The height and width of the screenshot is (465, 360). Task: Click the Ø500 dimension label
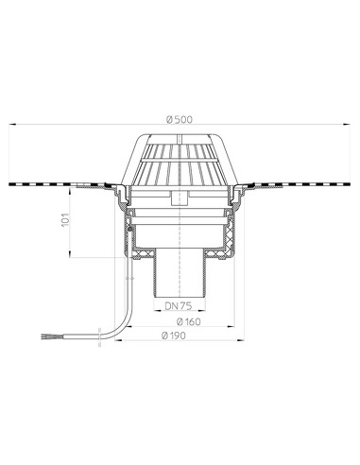[180, 120]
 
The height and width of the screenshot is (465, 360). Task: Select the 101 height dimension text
[65, 219]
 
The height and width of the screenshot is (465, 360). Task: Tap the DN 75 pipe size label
[178, 305]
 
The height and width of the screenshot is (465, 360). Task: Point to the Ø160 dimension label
[188, 321]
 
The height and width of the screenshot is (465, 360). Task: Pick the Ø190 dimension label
[174, 336]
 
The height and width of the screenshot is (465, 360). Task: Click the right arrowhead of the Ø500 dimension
[348, 125]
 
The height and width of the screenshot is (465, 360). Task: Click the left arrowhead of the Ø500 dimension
[12, 125]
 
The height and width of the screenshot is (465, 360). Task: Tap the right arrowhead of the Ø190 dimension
[241, 340]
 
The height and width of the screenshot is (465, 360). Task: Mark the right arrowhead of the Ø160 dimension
[231, 327]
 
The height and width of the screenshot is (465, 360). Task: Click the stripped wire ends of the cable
[46, 336]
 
